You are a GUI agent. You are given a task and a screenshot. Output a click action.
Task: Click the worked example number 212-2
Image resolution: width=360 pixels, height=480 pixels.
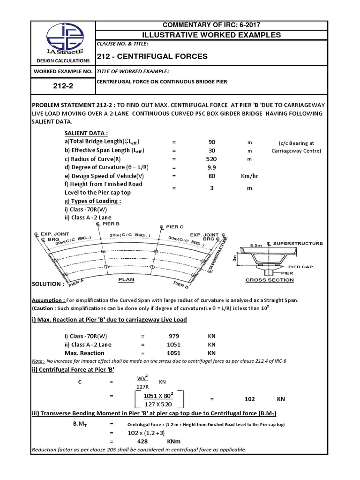pos(62,87)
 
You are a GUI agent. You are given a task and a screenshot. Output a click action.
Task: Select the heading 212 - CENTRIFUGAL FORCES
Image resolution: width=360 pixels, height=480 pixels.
pos(152,56)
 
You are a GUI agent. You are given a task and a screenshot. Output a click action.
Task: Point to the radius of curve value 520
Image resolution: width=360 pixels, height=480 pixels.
pos(212,158)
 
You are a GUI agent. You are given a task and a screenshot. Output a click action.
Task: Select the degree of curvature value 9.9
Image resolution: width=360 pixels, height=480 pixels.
pos(212,167)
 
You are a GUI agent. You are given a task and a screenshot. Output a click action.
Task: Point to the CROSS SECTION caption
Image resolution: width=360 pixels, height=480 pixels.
pos(270,280)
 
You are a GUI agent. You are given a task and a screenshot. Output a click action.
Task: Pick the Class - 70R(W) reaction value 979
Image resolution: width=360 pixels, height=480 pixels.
pos(173,336)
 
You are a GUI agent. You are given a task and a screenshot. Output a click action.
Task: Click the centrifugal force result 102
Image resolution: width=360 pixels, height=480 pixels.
pos(250,399)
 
